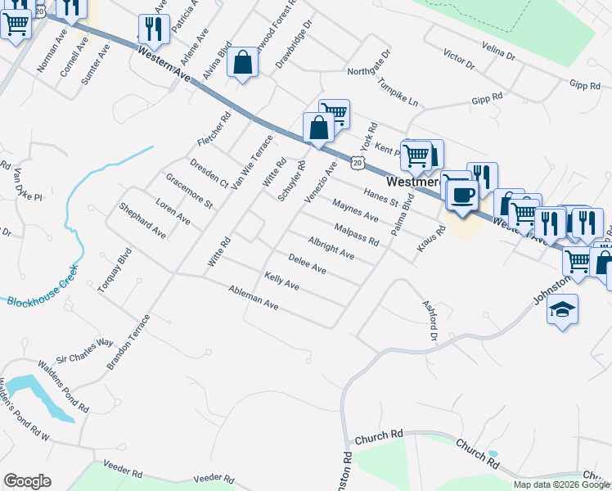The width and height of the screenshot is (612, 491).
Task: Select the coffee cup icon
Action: click(463, 196)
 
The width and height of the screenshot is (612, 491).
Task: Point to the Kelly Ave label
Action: click(281, 282)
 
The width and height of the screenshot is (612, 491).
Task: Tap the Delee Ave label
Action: click(307, 264)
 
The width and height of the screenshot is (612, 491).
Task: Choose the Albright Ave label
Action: click(331, 248)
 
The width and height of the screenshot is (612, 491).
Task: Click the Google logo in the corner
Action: click(27, 481)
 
